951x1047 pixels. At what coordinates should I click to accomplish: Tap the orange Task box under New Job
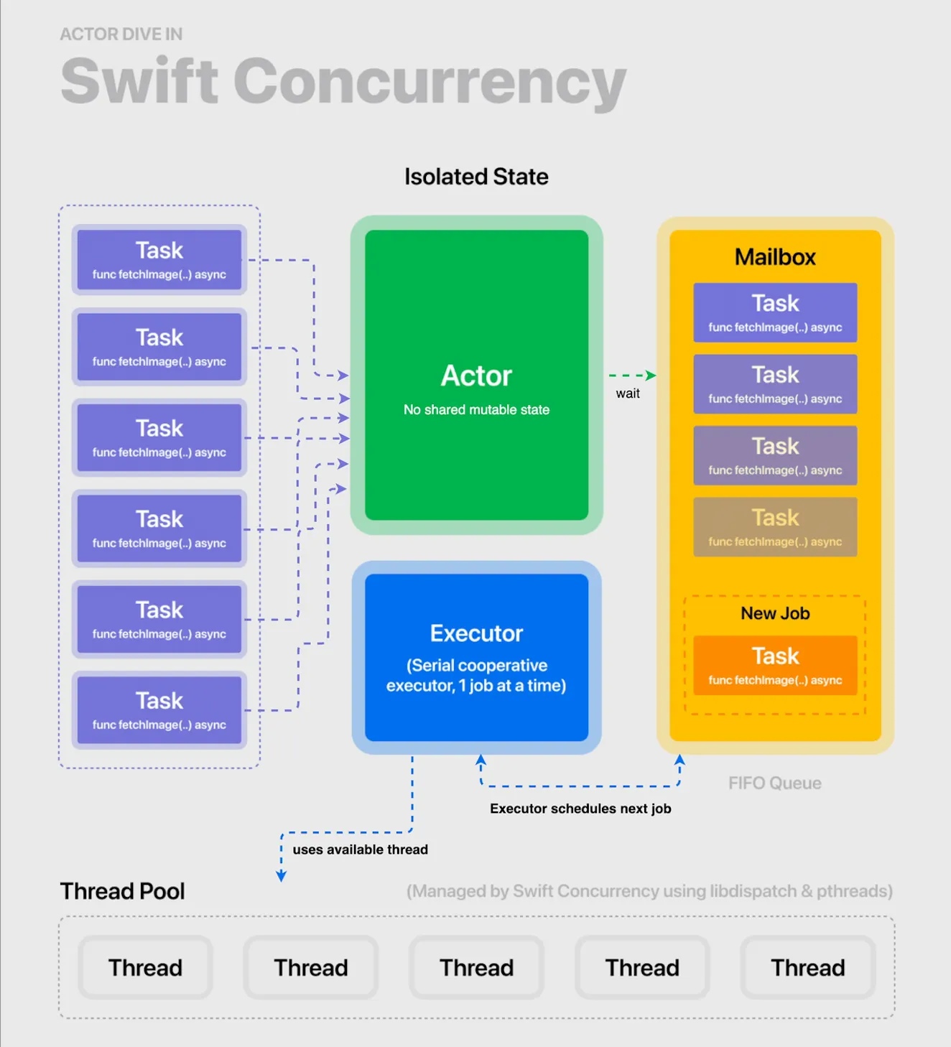(x=775, y=665)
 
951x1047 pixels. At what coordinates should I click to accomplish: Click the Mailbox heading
(x=775, y=257)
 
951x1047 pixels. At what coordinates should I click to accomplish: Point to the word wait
(x=628, y=394)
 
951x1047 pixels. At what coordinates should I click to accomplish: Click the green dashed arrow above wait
(x=632, y=376)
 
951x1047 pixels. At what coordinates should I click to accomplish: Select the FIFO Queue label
(x=774, y=783)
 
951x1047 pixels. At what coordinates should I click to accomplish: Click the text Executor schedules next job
(x=580, y=809)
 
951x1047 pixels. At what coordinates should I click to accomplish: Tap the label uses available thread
(x=360, y=850)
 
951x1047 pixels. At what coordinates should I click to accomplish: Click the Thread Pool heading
(x=122, y=891)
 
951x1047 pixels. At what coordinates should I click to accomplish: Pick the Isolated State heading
(x=476, y=177)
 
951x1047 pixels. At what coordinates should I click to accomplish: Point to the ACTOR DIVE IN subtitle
(x=121, y=34)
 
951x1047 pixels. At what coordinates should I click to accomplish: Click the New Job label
(x=775, y=613)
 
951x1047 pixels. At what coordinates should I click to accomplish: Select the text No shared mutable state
(x=476, y=409)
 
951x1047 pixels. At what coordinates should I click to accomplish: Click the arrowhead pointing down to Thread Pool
(x=282, y=875)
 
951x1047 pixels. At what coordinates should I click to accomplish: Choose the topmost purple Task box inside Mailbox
(x=775, y=312)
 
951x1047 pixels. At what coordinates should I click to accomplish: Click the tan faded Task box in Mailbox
(x=775, y=527)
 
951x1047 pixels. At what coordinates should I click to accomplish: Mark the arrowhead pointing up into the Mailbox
(x=679, y=760)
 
